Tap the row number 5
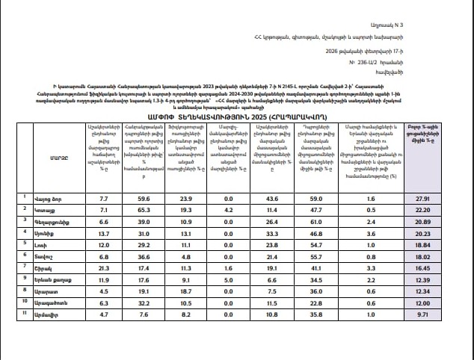point(27,243)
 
